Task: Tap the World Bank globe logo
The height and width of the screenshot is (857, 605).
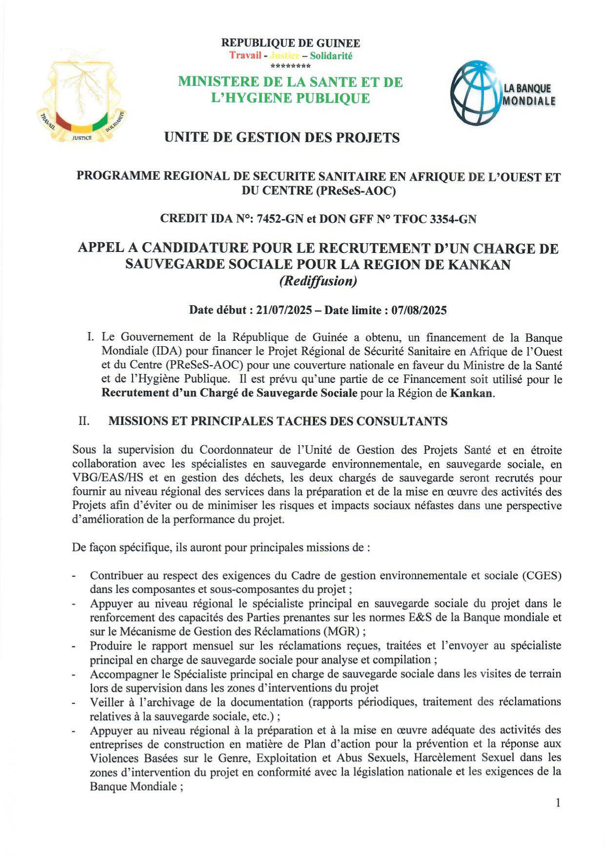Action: pyautogui.click(x=476, y=93)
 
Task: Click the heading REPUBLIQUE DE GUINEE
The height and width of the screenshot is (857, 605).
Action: pyautogui.click(x=291, y=43)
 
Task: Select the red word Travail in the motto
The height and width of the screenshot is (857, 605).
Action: pyautogui.click(x=245, y=55)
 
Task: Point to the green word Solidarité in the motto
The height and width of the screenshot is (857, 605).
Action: pyautogui.click(x=331, y=56)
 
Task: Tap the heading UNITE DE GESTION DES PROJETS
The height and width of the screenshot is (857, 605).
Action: pyautogui.click(x=282, y=138)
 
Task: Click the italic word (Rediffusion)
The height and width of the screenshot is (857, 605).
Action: pyautogui.click(x=318, y=281)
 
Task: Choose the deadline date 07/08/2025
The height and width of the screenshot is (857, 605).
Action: pyautogui.click(x=419, y=310)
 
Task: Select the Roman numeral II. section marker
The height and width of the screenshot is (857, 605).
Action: pyautogui.click(x=84, y=421)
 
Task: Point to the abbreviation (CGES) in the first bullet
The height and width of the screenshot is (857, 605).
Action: pyautogui.click(x=542, y=575)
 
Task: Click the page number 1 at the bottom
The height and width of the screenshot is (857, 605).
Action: pyautogui.click(x=558, y=803)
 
